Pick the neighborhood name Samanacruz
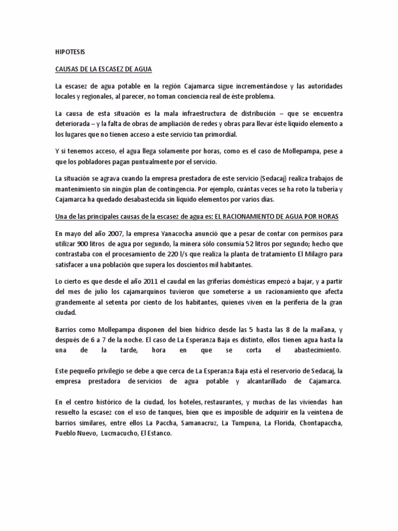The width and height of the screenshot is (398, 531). click(186, 423)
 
